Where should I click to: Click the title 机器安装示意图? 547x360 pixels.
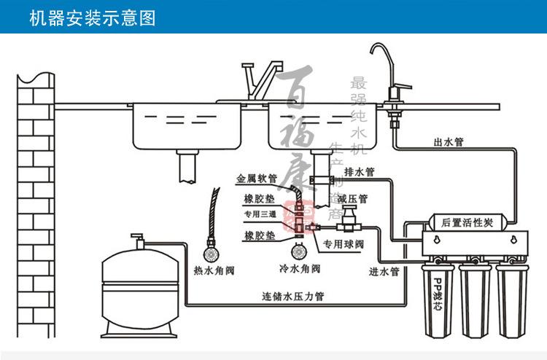coord(93,17)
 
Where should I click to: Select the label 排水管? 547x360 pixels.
coord(358,172)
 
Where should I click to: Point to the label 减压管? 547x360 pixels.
coord(352,198)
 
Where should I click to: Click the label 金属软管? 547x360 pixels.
coord(256,178)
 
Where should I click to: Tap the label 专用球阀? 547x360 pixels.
coord(343,244)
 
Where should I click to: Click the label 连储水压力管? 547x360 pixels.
coord(293,297)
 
